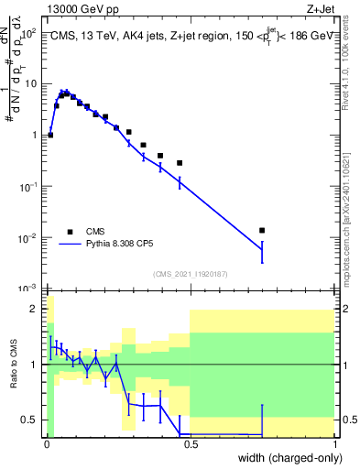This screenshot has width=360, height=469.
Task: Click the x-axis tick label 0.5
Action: (190, 444)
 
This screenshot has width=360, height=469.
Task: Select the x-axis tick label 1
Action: (334, 444)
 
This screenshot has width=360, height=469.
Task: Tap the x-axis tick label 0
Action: (46, 444)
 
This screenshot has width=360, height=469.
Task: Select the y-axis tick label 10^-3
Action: (29, 289)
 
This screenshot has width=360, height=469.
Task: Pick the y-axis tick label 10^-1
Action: (29, 186)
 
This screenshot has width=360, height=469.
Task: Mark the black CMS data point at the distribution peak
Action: (65, 93)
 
